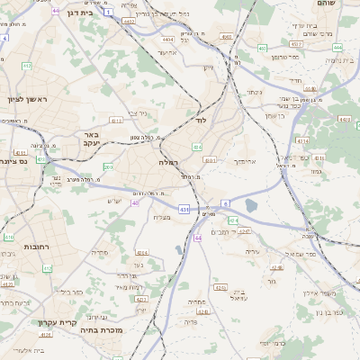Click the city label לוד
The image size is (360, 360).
pos(201,119)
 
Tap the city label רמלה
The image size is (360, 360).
pos(169,162)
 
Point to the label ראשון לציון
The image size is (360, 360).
pos(25,99)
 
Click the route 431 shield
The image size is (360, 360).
pos(184,209)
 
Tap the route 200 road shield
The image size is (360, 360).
pos(108,166)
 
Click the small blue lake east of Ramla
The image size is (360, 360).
pos(249,205)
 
